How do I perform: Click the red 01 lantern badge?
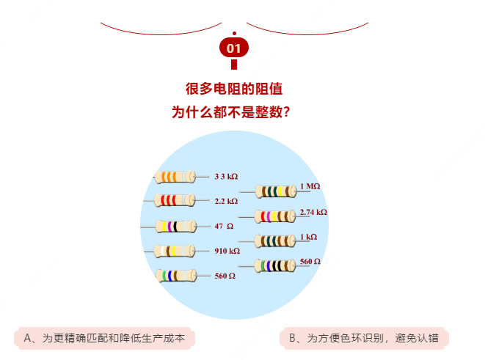(234, 48)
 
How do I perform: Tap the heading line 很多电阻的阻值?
(234, 89)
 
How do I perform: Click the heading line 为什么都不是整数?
(230, 112)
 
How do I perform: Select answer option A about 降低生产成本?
(104, 338)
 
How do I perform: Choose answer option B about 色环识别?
(364, 338)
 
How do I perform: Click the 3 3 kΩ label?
(226, 177)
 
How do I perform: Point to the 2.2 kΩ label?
(226, 201)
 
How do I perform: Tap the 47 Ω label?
(224, 227)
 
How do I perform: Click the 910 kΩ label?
(227, 251)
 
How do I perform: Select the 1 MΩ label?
(310, 186)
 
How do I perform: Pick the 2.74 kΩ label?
(313, 212)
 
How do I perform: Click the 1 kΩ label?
(308, 237)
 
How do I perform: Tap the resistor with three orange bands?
(175, 177)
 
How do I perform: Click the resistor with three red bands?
(175, 200)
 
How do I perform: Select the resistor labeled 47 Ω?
(175, 227)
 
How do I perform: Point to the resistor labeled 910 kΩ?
(175, 251)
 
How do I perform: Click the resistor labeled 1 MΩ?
(276, 191)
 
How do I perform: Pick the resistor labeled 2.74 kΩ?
(275, 216)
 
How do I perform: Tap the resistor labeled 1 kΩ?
(275, 241)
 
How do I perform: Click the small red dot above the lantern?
(234, 34)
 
